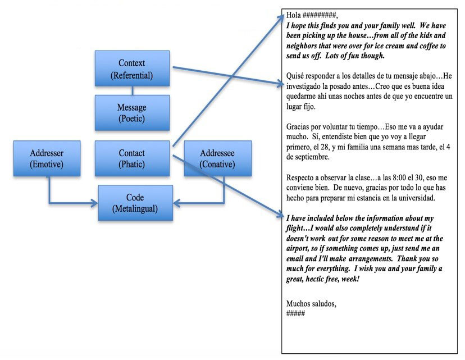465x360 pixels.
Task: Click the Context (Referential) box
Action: pos(132,68)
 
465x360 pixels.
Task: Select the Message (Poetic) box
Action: pos(132,113)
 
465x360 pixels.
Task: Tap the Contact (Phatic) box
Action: pos(132,158)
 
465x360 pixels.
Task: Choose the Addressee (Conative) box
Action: pos(217,158)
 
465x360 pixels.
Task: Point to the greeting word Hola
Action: pos(294,15)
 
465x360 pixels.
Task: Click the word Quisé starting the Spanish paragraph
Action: pos(297,75)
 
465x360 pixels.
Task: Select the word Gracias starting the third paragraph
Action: pos(299,127)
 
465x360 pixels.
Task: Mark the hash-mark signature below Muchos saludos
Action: pos(295,313)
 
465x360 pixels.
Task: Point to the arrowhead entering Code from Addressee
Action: pos(175,203)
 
